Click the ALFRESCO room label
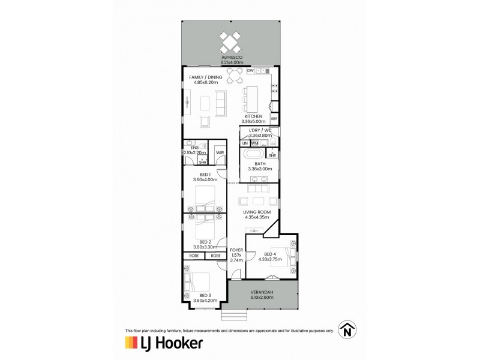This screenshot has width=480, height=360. [232, 57]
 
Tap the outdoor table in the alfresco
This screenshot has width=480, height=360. [230, 43]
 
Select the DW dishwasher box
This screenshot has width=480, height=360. [250, 71]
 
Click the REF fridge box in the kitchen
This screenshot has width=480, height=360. [274, 119]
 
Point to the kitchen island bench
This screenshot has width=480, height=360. [252, 100]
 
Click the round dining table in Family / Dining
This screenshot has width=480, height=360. [235, 76]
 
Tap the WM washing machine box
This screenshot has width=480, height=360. [254, 143]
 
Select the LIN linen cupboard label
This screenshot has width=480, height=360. [245, 143]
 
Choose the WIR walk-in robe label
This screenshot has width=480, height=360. [220, 153]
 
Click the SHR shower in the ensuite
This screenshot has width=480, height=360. [202, 160]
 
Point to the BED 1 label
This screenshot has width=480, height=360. [205, 175]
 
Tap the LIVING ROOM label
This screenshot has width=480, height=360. [257, 212]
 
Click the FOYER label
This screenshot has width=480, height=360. [236, 250]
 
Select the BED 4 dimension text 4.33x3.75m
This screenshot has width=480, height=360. [271, 259]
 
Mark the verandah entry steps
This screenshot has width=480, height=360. [234, 314]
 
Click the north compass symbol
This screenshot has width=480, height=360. [347, 329]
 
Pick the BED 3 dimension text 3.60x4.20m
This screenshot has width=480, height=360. [205, 301]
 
